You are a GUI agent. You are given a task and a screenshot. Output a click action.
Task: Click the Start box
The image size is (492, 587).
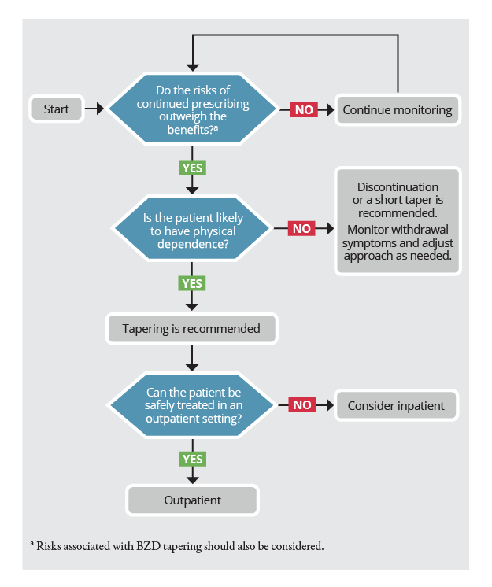57,109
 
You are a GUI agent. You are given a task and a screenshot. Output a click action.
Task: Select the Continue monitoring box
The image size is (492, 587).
398,109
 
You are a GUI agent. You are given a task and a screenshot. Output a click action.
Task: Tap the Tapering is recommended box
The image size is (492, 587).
192,329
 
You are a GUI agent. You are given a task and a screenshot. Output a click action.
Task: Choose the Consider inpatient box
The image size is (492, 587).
396,405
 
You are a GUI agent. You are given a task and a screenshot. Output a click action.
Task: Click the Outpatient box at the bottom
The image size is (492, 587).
192,500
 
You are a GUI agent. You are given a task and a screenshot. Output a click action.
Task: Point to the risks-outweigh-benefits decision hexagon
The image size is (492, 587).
192,109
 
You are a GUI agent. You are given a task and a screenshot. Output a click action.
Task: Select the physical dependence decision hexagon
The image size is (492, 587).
192,228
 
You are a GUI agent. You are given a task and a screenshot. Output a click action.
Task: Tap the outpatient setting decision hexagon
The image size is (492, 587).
192,404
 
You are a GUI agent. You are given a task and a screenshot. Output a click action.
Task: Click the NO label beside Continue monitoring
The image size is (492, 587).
304,109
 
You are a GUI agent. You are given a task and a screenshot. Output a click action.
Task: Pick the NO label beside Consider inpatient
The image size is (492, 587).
302,404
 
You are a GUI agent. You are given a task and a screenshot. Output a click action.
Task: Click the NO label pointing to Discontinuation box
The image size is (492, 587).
301,228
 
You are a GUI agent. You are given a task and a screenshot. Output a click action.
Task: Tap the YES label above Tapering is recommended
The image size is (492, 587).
192,283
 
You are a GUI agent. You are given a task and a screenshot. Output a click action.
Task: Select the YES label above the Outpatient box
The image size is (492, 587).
192,459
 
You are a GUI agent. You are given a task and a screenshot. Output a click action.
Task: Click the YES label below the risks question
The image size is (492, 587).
192,168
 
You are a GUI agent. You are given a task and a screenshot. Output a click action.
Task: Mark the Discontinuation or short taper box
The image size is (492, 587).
398,221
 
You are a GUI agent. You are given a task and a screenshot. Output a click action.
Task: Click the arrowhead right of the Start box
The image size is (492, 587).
100,109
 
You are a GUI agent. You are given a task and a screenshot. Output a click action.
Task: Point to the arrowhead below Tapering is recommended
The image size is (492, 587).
192,367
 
